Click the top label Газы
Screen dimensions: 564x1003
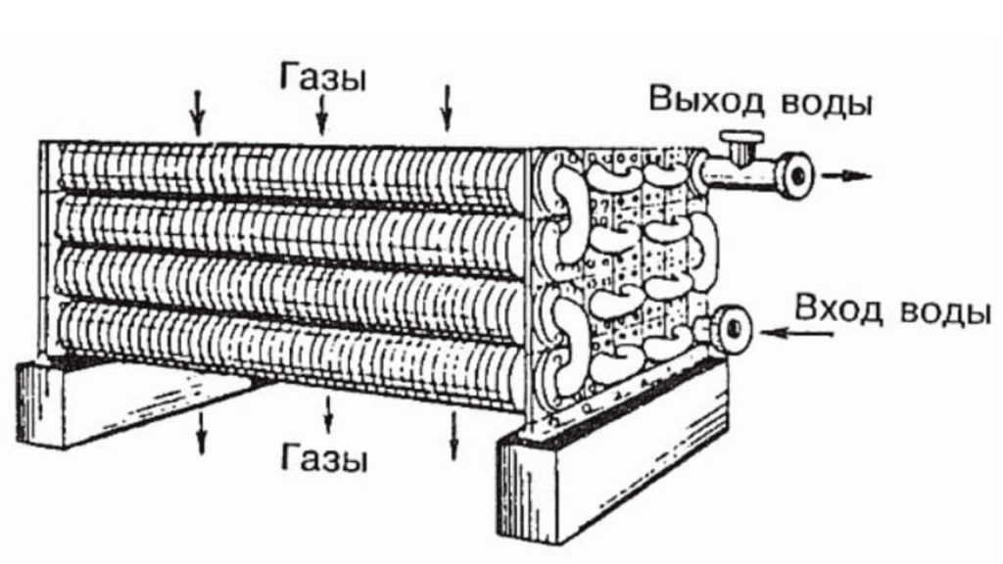(x=323, y=77)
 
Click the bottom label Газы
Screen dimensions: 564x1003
(x=323, y=457)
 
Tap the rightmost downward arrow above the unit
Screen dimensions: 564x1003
(x=448, y=108)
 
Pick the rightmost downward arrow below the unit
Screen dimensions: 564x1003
(x=454, y=436)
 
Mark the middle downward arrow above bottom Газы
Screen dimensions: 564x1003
(x=328, y=415)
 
